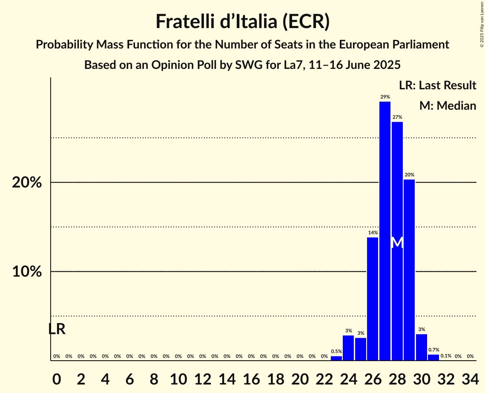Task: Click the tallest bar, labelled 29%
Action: coord(385,231)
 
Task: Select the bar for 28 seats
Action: coord(397,241)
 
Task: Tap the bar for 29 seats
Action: coord(409,270)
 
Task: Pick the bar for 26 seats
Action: coord(373,299)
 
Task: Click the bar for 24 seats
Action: coord(348,347)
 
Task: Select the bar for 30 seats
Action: coord(422,347)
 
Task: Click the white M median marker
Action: coord(397,242)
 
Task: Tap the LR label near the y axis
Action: coord(57,329)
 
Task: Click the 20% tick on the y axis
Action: coord(27,182)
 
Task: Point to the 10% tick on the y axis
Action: coord(27,271)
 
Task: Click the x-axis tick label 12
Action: coord(202,377)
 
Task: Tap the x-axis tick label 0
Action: coord(57,377)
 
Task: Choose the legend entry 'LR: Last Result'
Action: coord(437,85)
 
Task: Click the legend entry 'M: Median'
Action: coord(448,105)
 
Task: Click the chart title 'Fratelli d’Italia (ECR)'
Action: coord(242,22)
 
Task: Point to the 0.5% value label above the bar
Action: coord(336,351)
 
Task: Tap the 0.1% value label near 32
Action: coord(446,356)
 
